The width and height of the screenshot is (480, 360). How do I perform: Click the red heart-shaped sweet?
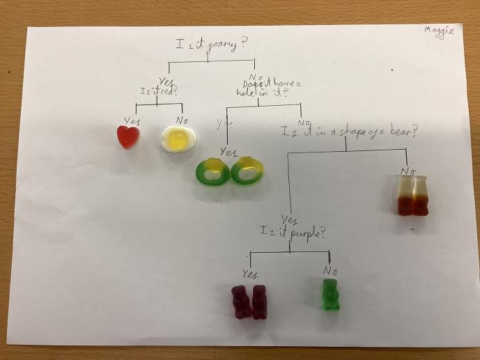[x=129, y=136]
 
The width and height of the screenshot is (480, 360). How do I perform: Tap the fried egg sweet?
[x=178, y=139]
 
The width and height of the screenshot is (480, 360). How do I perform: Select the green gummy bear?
[x=330, y=294]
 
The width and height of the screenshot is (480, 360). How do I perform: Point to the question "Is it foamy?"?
[x=210, y=45]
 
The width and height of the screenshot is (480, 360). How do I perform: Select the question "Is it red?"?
[x=158, y=91]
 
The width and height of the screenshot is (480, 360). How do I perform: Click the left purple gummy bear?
[x=241, y=302]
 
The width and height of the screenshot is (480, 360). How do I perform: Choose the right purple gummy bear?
[x=259, y=302]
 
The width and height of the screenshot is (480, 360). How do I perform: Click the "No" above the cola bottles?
[x=408, y=170]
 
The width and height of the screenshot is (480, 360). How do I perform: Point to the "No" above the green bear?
[x=331, y=269]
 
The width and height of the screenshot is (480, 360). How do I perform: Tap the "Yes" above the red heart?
[x=132, y=120]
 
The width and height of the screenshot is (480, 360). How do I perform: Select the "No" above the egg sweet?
[x=181, y=120]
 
